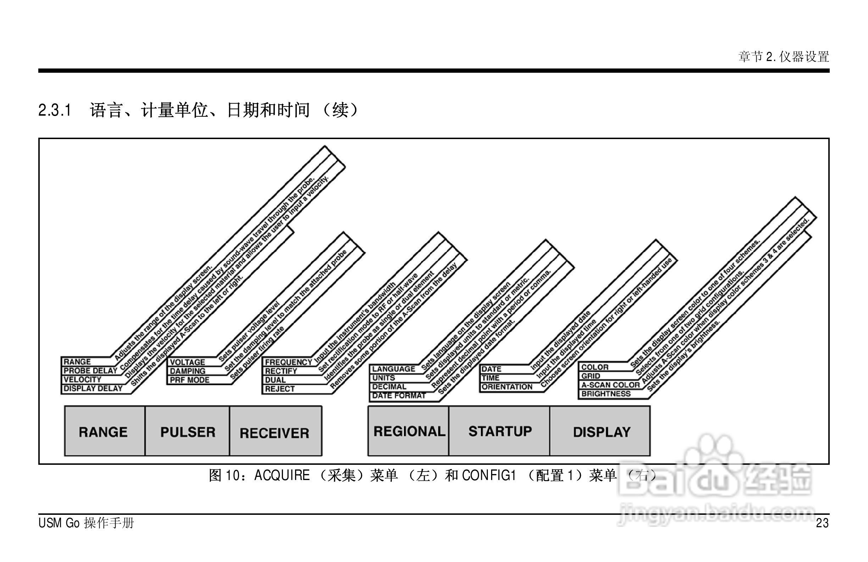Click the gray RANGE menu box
(104, 432)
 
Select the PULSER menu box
(188, 432)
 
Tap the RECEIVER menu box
(275, 432)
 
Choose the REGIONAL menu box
(409, 431)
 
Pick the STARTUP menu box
(500, 431)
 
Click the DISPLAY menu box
(601, 432)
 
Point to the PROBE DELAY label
(90, 371)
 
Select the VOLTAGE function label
(188, 362)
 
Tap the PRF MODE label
(190, 380)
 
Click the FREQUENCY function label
(288, 362)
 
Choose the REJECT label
(280, 389)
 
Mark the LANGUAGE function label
(394, 369)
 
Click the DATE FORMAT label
(399, 396)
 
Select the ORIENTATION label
(507, 387)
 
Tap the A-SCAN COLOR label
(610, 385)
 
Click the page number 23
(822, 523)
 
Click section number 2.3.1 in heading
(55, 110)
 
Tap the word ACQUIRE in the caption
(282, 475)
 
